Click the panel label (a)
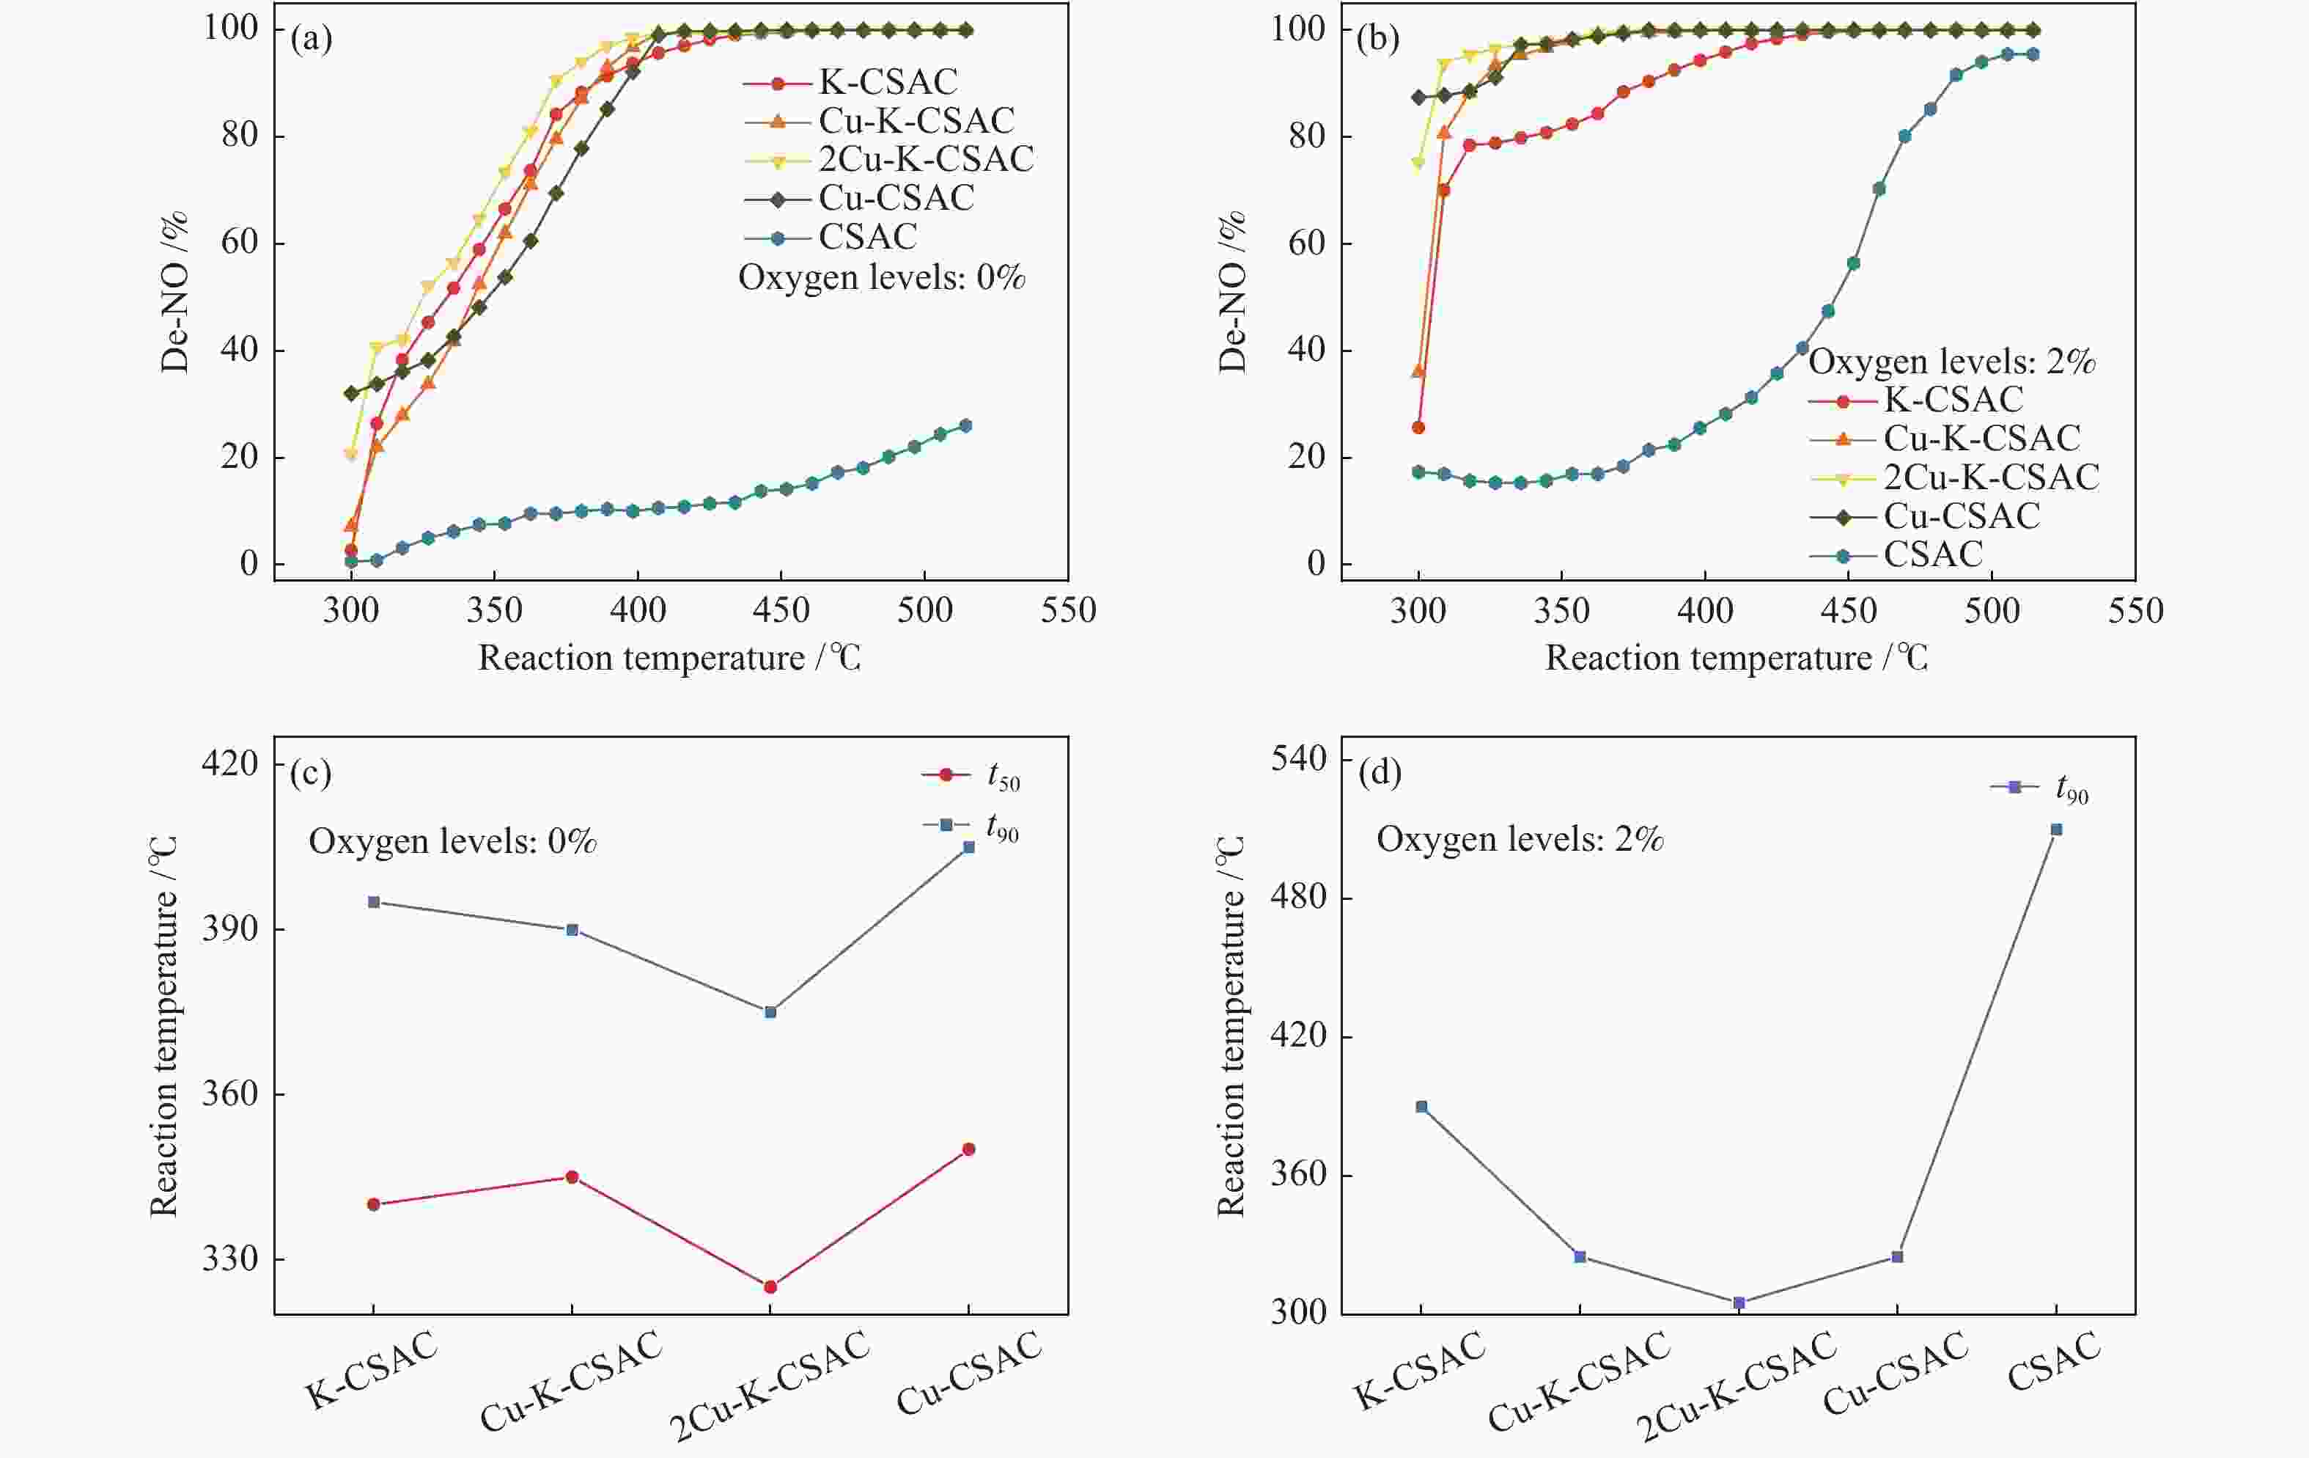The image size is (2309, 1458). (312, 40)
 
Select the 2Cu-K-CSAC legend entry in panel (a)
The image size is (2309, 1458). (925, 159)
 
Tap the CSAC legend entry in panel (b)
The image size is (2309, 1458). (1932, 554)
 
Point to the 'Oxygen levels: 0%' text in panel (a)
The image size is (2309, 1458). (881, 278)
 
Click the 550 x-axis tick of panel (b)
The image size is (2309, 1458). (2135, 611)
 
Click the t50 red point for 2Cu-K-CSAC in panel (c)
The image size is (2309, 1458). (770, 1286)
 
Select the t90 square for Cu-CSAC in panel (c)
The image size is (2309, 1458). (968, 847)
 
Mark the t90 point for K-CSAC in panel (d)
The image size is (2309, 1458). (1421, 1107)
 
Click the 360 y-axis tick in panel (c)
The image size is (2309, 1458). (230, 1093)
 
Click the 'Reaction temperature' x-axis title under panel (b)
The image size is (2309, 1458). (1736, 658)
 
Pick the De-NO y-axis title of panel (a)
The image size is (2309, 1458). (175, 293)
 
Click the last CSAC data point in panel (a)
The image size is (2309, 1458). (965, 425)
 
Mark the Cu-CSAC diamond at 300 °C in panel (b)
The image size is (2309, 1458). (1418, 97)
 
